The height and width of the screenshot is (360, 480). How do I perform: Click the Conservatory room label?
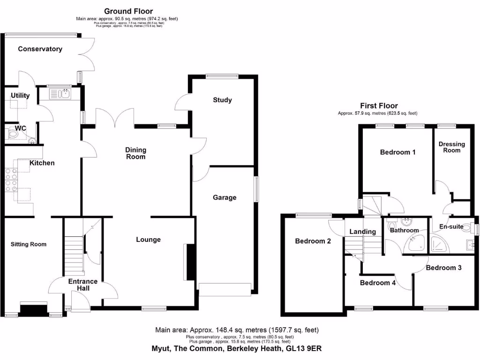coord(40,49)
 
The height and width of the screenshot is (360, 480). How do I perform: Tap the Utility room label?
coord(20,96)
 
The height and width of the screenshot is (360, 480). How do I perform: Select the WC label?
coord(20,128)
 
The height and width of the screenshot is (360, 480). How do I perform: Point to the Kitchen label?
coord(42,163)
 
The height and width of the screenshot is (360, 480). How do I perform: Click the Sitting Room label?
coord(29,244)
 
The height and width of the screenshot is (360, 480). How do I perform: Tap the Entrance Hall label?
coord(83,285)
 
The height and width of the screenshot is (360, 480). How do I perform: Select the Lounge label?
coord(148,240)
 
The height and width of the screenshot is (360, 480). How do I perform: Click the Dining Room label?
coord(135,153)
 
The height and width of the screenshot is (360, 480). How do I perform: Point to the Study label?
coord(222,100)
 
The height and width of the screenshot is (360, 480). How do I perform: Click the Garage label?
coord(225,197)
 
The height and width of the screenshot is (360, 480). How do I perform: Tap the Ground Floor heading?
coord(128,11)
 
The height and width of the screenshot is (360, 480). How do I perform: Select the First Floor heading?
coord(379,106)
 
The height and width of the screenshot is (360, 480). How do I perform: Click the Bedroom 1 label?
coord(397,152)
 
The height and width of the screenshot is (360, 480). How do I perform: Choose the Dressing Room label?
coord(452,147)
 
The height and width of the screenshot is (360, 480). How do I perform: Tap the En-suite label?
coord(451,227)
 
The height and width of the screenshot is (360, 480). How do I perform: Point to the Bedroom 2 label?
coord(313,241)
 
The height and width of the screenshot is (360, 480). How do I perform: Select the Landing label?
coord(363,232)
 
